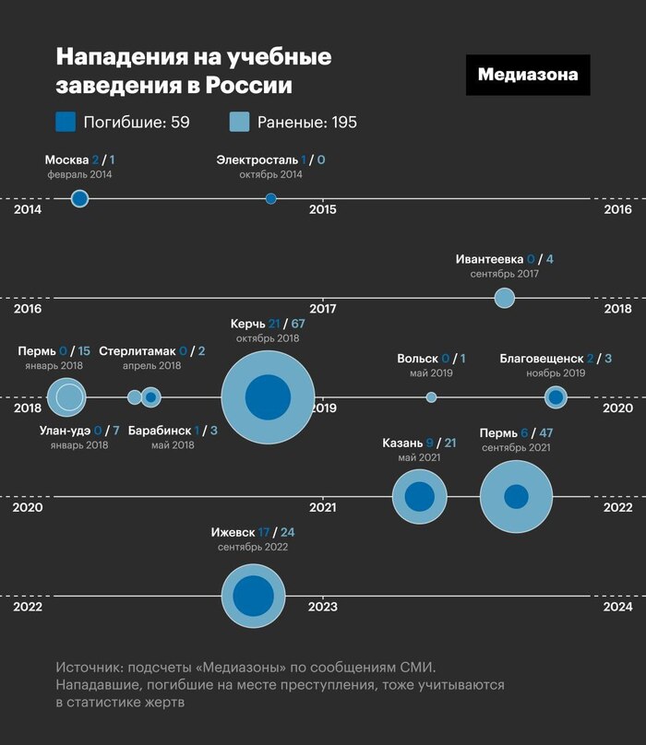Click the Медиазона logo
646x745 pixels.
click(x=528, y=75)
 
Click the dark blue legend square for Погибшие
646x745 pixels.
click(x=66, y=122)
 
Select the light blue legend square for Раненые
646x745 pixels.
click(x=239, y=122)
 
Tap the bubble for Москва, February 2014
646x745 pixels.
click(x=80, y=198)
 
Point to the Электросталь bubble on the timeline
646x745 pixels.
click(x=270, y=198)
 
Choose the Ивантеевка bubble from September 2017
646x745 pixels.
click(x=504, y=298)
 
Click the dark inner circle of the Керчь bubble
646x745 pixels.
click(x=269, y=397)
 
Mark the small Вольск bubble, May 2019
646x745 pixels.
click(x=431, y=397)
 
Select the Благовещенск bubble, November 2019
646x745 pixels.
click(x=555, y=397)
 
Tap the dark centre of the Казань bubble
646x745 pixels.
click(x=420, y=497)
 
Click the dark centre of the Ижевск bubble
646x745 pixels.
click(x=253, y=596)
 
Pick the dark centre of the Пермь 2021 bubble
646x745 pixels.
click(x=516, y=497)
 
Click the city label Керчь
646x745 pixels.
click(x=248, y=324)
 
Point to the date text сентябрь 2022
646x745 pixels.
click(x=253, y=548)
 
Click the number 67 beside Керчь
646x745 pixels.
click(x=298, y=324)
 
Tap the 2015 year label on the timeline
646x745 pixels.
click(x=323, y=210)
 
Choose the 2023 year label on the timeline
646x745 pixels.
click(x=323, y=608)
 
